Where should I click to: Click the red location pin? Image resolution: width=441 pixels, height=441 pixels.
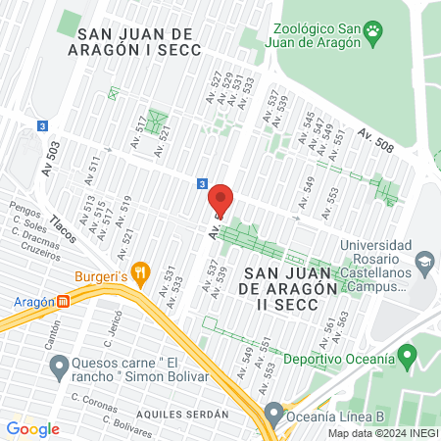click(220, 200)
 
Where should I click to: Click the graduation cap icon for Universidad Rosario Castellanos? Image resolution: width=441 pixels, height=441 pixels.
click(423, 262)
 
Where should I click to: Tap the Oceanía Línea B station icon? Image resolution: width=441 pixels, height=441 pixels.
click(273, 411)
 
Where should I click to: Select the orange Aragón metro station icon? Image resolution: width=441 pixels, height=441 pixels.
click(65, 302)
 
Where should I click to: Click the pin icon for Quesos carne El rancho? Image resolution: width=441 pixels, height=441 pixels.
click(58, 367)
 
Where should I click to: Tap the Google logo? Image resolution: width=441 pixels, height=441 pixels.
click(32, 428)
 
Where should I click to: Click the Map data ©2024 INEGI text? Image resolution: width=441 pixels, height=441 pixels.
click(382, 433)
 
